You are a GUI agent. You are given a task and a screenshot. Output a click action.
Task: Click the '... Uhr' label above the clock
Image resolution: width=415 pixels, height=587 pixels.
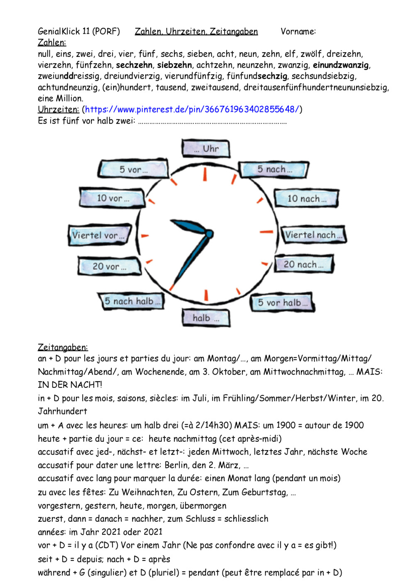206,149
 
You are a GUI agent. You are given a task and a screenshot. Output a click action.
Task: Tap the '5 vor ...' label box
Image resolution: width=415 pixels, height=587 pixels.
134,169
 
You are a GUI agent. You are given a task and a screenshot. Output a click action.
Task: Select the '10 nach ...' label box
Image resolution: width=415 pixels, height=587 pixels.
306,199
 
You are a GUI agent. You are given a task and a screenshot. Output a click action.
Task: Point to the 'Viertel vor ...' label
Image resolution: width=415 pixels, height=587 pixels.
99,235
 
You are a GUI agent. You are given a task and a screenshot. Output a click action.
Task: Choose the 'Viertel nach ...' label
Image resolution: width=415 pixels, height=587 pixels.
313,235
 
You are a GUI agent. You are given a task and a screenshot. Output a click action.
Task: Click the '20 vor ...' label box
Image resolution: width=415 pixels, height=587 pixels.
110,266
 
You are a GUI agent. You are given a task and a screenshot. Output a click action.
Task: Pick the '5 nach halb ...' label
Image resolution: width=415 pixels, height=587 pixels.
132,301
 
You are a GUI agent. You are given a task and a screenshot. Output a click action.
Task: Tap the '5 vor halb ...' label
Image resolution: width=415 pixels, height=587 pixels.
283,303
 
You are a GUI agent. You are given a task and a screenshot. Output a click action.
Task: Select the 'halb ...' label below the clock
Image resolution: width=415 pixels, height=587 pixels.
206,318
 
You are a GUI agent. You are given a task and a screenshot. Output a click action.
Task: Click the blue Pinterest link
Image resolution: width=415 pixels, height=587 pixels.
192,110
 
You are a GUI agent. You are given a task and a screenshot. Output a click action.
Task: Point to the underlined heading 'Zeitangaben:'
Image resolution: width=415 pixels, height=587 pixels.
63,347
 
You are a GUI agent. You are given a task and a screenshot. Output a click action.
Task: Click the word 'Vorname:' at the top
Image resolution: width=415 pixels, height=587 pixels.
298,32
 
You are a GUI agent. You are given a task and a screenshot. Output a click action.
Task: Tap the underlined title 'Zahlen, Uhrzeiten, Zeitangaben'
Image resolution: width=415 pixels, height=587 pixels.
196,32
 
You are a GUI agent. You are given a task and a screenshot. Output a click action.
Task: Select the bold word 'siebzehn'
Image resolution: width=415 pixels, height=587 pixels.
174,65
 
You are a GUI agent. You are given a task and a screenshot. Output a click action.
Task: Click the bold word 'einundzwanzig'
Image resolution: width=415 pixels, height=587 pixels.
341,65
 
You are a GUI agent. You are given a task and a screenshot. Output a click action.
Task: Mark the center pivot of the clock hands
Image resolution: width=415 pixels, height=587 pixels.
209,234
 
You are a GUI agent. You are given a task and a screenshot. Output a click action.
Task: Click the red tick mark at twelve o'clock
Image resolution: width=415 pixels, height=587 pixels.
205,175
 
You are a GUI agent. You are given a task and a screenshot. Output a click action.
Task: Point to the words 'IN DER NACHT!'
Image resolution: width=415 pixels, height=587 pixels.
70,385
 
